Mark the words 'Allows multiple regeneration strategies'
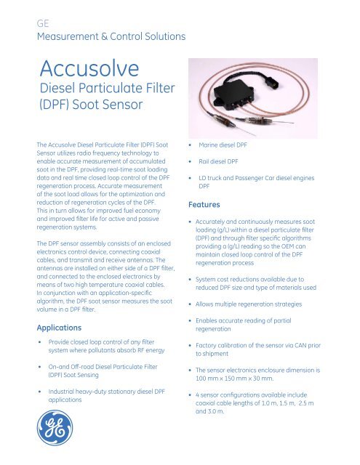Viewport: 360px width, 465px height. (265, 301)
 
